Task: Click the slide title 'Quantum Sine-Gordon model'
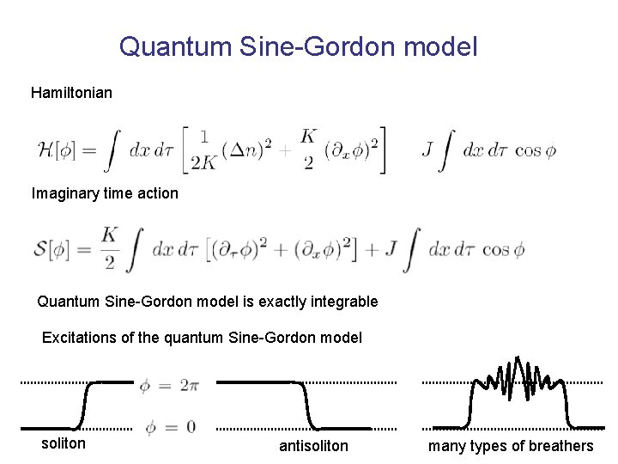pyautogui.click(x=298, y=46)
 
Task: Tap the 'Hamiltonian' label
pyautogui.click(x=71, y=92)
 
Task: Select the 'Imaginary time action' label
pyautogui.click(x=105, y=193)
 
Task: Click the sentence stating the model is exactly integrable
pyautogui.click(x=207, y=302)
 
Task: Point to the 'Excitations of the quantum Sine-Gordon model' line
pyautogui.click(x=202, y=338)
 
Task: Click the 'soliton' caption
pyautogui.click(x=64, y=443)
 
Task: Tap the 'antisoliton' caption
pyautogui.click(x=313, y=445)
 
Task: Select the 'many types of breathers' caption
pyautogui.click(x=511, y=445)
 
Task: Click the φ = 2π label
pyautogui.click(x=169, y=387)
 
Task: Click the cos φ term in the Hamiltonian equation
pyautogui.click(x=536, y=150)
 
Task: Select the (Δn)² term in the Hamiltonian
pyautogui.click(x=248, y=150)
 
